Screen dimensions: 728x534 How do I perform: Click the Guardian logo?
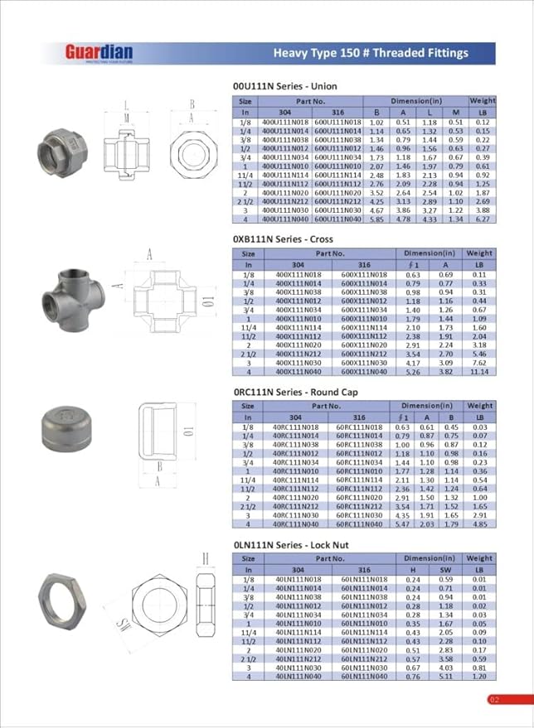coord(99,53)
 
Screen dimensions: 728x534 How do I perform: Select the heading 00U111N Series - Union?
coord(287,85)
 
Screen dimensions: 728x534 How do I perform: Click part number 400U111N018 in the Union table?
coord(284,122)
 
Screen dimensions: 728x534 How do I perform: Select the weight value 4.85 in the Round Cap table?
coord(479,524)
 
